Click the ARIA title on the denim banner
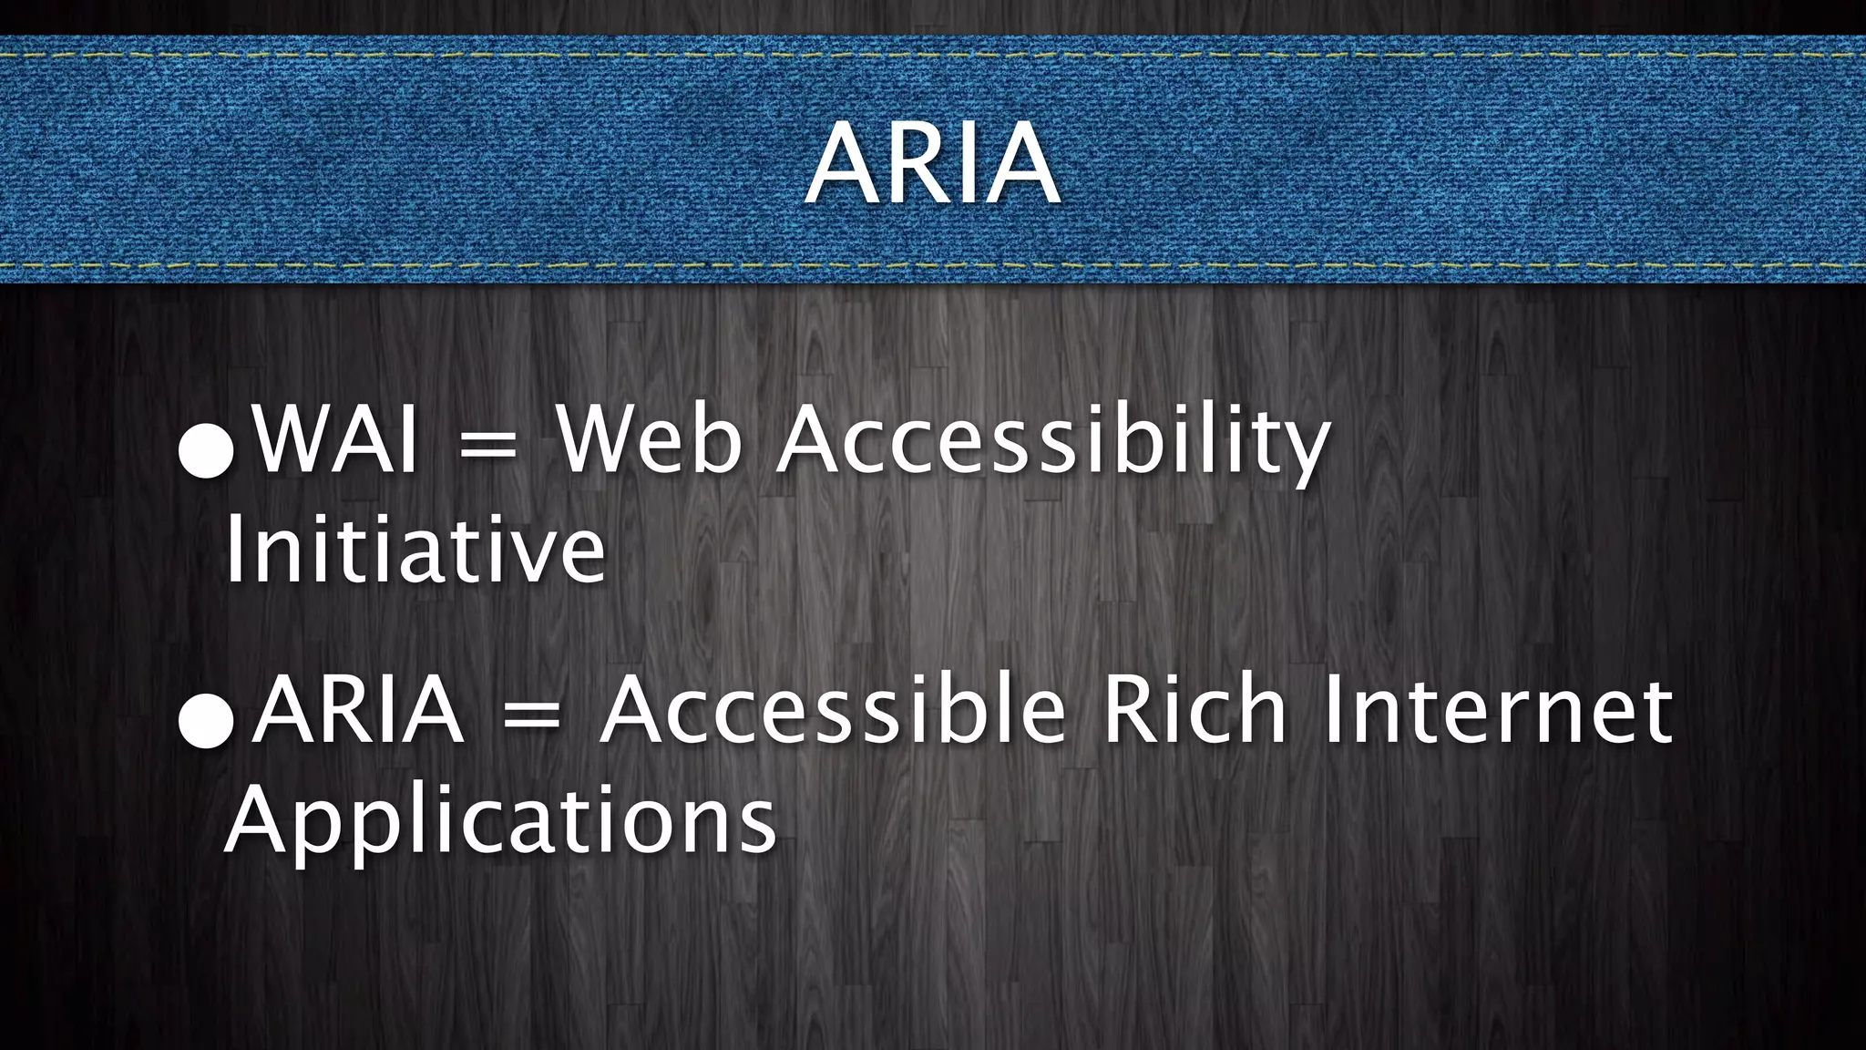pyautogui.click(x=932, y=164)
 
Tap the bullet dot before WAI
pyautogui.click(x=206, y=451)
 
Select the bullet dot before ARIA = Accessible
pyautogui.click(x=206, y=721)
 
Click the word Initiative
pyautogui.click(x=415, y=550)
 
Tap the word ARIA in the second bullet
pyautogui.click(x=358, y=710)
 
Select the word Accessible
pyautogui.click(x=833, y=710)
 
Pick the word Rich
pyautogui.click(x=1194, y=710)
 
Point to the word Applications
pyautogui.click(x=500, y=820)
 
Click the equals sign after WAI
pyautogui.click(x=488, y=446)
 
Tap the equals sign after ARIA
pyautogui.click(x=532, y=715)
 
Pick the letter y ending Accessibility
pyautogui.click(x=1304, y=450)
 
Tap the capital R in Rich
pyautogui.click(x=1129, y=710)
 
